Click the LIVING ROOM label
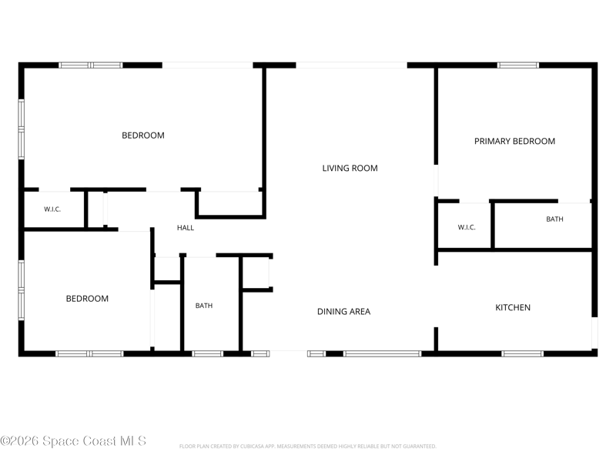point(350,168)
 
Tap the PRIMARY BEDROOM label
point(514,141)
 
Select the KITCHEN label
point(513,307)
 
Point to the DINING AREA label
point(343,312)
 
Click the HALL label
point(186,227)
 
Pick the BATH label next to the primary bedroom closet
point(554,219)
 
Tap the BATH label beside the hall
point(204,306)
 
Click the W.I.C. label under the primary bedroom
point(467,227)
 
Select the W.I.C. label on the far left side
point(52,209)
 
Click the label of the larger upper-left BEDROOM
point(143,136)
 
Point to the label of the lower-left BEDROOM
point(87,299)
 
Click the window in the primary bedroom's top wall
point(517,65)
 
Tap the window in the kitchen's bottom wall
point(523,354)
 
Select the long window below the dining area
point(382,354)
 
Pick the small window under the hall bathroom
point(207,354)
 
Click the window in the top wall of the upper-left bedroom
point(91,65)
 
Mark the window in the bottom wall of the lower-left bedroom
point(89,354)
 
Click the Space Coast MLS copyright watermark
point(73,440)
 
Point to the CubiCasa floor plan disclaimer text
point(307,447)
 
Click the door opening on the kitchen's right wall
point(594,333)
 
